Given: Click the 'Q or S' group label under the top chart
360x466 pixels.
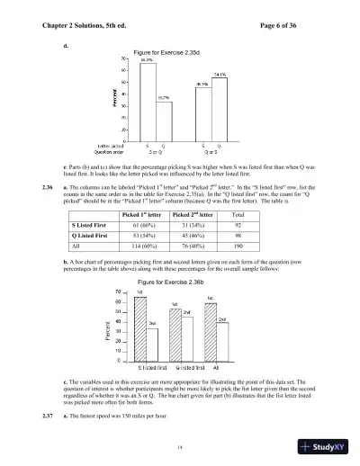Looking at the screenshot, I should click(x=212, y=152).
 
